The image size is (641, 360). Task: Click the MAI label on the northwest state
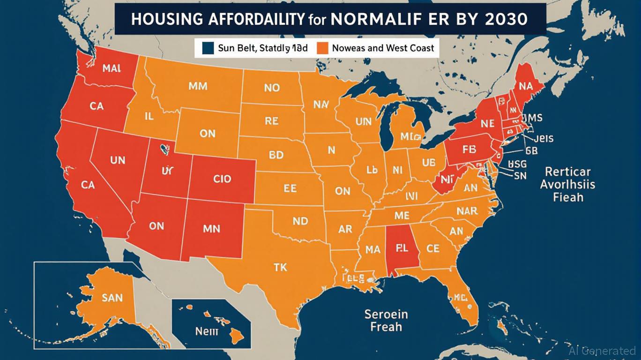click(111, 68)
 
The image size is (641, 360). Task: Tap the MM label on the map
click(198, 86)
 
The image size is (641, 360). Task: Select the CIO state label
click(222, 179)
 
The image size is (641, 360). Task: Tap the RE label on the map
click(271, 121)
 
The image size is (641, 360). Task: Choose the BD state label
click(276, 154)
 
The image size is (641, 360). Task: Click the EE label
click(290, 188)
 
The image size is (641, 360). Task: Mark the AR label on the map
click(345, 230)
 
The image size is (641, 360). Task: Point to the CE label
click(433, 248)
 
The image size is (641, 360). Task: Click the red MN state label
click(215, 230)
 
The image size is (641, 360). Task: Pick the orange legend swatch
click(322, 47)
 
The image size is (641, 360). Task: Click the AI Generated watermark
click(602, 351)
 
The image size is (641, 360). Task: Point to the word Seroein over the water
click(386, 314)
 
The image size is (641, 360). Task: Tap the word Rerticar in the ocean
click(567, 172)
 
